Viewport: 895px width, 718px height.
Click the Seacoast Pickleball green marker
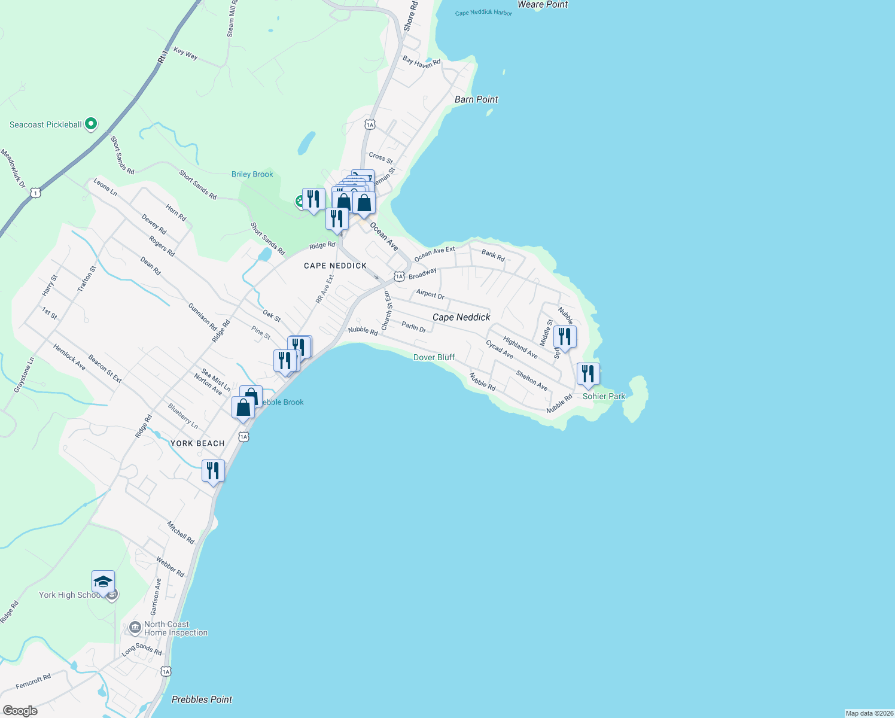(x=91, y=124)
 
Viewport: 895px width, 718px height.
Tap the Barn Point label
(x=476, y=99)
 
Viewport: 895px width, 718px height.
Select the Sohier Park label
(x=604, y=396)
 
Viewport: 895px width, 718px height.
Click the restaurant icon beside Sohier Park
(x=588, y=374)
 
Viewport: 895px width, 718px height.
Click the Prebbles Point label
(x=202, y=699)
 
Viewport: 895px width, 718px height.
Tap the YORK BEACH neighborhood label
(x=197, y=443)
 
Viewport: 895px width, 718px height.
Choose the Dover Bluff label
(x=434, y=357)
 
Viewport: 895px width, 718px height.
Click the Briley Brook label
(x=252, y=174)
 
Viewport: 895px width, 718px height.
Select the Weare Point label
(x=542, y=5)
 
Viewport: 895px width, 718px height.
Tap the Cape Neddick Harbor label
(x=483, y=13)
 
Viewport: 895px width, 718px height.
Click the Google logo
(x=20, y=711)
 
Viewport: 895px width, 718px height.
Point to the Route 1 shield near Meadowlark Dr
(x=36, y=193)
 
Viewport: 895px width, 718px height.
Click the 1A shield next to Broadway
(x=399, y=276)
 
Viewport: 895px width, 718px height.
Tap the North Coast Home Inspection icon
(x=135, y=628)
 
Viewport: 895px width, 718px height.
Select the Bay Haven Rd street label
(x=421, y=62)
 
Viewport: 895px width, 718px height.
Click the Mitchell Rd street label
(x=181, y=533)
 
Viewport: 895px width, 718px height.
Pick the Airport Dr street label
(x=430, y=294)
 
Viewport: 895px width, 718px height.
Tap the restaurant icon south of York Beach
(x=213, y=471)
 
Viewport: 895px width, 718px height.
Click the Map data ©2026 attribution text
(x=869, y=713)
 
